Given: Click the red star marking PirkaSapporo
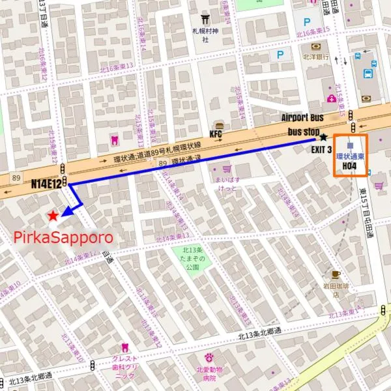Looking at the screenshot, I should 53,216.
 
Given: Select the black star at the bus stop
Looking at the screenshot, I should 323,138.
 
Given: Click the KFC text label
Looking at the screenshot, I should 216,134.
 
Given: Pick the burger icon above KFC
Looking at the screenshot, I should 220,124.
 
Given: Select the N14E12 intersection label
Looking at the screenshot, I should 46,184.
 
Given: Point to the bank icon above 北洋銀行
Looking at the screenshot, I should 315,47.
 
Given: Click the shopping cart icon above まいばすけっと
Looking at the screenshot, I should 227,168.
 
